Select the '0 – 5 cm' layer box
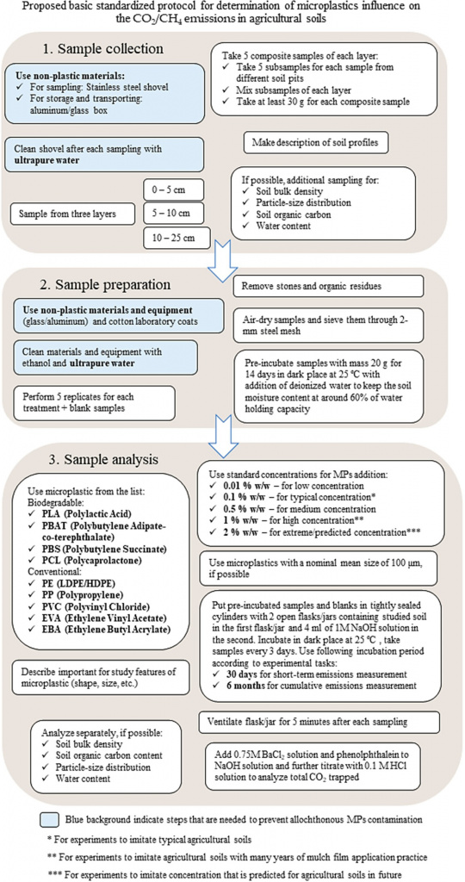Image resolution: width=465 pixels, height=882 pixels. click(x=171, y=190)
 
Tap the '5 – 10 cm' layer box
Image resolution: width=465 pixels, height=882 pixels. click(x=171, y=214)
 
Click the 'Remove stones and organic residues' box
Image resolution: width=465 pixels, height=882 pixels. click(x=328, y=285)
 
